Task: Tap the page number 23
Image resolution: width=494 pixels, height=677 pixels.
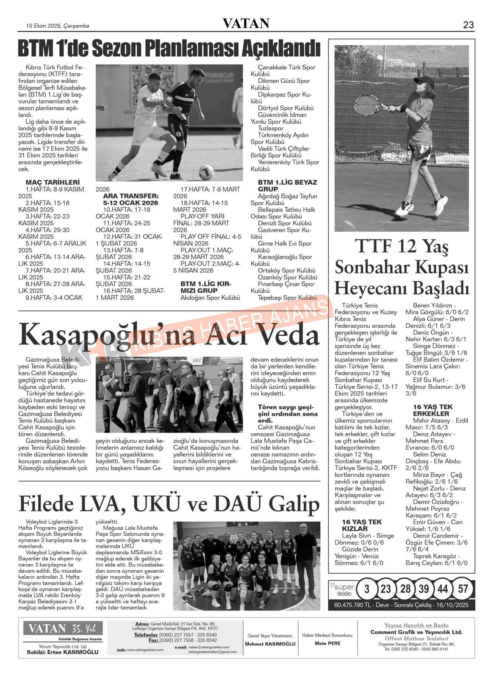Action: click(468, 25)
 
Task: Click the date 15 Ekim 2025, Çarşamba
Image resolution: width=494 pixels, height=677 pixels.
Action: click(57, 26)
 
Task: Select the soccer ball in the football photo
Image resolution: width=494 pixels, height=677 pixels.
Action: click(206, 172)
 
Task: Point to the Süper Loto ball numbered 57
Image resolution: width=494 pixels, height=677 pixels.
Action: click(463, 589)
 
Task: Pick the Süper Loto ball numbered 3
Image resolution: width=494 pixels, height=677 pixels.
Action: click(367, 589)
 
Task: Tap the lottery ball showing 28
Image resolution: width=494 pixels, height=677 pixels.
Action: click(405, 589)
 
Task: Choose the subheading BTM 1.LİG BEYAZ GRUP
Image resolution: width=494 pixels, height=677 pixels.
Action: click(287, 186)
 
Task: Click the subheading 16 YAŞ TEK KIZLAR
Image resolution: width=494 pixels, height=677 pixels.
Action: click(361, 525)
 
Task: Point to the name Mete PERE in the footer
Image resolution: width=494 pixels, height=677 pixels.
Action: click(327, 643)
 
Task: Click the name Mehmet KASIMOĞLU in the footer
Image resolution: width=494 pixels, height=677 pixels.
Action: click(270, 644)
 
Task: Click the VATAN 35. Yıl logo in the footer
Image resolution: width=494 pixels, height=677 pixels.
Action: click(62, 629)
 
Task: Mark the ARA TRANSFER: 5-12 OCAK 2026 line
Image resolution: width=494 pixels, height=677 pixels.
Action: click(131, 200)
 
